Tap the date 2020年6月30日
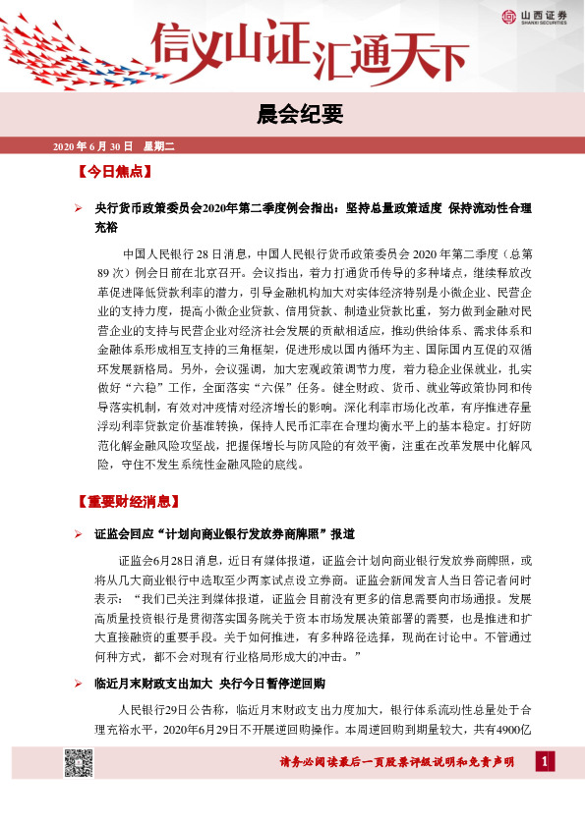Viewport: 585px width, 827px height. [91, 146]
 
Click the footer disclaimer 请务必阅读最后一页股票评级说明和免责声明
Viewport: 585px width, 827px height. [397, 763]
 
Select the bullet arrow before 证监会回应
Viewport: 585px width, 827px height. [79, 533]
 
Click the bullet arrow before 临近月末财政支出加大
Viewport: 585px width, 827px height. [79, 683]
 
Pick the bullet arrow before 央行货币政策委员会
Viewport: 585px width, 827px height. [79, 209]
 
